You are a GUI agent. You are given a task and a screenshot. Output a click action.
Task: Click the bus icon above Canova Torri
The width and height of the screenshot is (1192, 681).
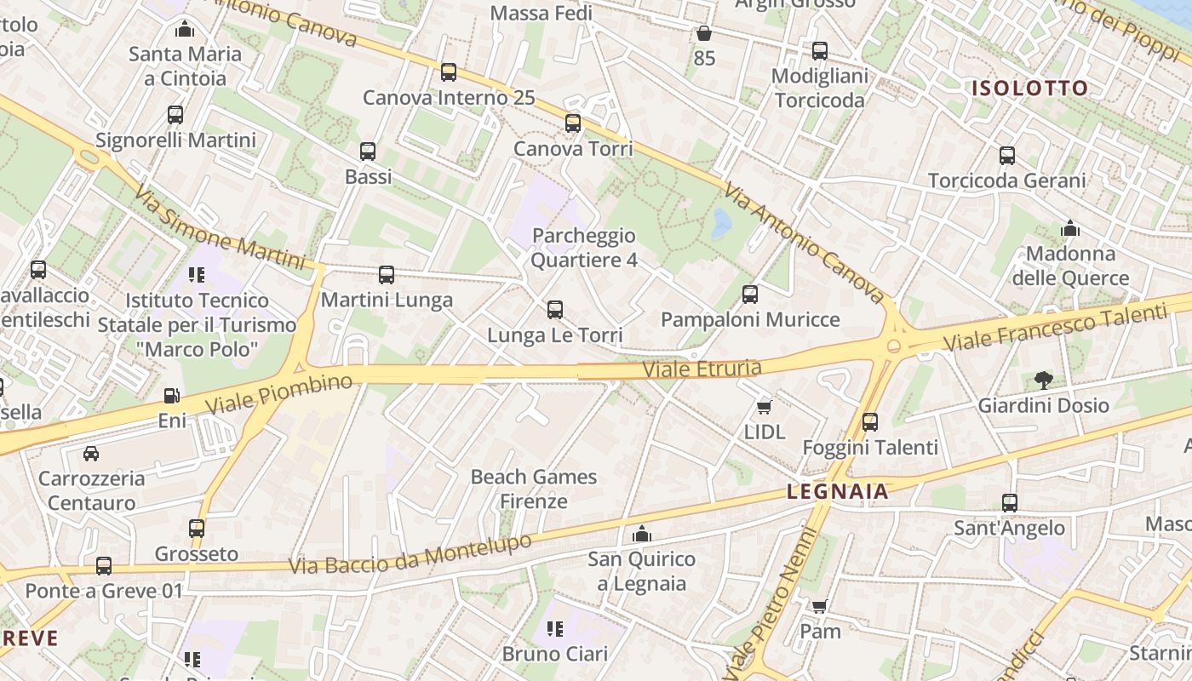(573, 123)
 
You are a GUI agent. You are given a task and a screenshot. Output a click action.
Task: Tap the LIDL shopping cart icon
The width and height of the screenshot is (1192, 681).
(764, 407)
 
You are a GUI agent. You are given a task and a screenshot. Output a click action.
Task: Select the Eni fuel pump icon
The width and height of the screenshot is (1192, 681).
(171, 396)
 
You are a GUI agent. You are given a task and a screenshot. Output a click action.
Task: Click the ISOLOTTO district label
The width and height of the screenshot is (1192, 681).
(1030, 89)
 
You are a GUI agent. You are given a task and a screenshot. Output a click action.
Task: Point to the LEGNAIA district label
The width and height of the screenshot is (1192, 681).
(838, 491)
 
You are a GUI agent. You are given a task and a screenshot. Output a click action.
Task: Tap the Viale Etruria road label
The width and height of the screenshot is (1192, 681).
(702, 369)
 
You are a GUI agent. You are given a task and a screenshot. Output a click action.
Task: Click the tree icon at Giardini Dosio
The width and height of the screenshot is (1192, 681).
(1043, 380)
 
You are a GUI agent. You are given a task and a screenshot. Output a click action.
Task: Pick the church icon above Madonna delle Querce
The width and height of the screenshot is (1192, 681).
(1070, 229)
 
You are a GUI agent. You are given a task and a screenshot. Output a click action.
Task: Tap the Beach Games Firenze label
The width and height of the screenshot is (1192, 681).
(534, 489)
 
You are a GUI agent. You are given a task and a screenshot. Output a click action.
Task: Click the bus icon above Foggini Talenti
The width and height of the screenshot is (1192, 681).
(870, 421)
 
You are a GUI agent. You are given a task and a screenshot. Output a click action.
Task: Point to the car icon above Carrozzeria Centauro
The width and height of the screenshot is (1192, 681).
(91, 453)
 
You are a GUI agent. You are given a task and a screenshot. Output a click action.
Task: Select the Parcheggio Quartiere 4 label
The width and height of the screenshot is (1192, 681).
(584, 248)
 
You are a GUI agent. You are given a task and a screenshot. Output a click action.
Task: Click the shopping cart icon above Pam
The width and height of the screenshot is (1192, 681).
(819, 606)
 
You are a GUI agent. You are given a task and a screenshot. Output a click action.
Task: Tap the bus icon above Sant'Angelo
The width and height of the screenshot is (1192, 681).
(1010, 503)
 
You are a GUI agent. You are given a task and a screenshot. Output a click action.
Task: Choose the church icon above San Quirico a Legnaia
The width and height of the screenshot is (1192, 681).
(642, 534)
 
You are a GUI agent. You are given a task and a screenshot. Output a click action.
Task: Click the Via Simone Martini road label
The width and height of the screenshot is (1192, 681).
(220, 227)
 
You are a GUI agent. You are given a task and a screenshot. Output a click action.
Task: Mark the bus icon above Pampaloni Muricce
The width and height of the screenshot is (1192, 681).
(750, 295)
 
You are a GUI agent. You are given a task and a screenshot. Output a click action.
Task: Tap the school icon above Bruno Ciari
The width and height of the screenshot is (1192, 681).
(555, 629)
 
